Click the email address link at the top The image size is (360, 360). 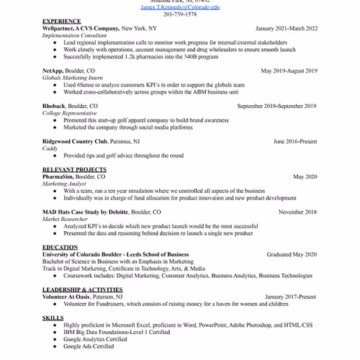tap(180, 6)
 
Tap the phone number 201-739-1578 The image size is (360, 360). tap(180, 14)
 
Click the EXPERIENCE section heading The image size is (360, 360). tap(61, 22)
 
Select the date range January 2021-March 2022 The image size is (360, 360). tap(286, 29)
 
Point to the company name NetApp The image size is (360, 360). tap(53, 71)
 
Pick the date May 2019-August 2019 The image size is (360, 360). tap(289, 71)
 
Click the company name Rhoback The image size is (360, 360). tap(55, 107)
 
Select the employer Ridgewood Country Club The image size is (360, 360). tap(75, 142)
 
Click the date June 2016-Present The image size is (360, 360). tap(294, 142)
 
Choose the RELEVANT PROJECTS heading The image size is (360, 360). tap(74, 170)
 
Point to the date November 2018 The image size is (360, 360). tap(297, 212)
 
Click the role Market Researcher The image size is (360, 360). tap(66, 219)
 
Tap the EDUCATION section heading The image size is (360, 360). tap(60, 248)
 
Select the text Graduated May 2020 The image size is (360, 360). tap(292, 255)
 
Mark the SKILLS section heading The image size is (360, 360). tap(53, 318)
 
